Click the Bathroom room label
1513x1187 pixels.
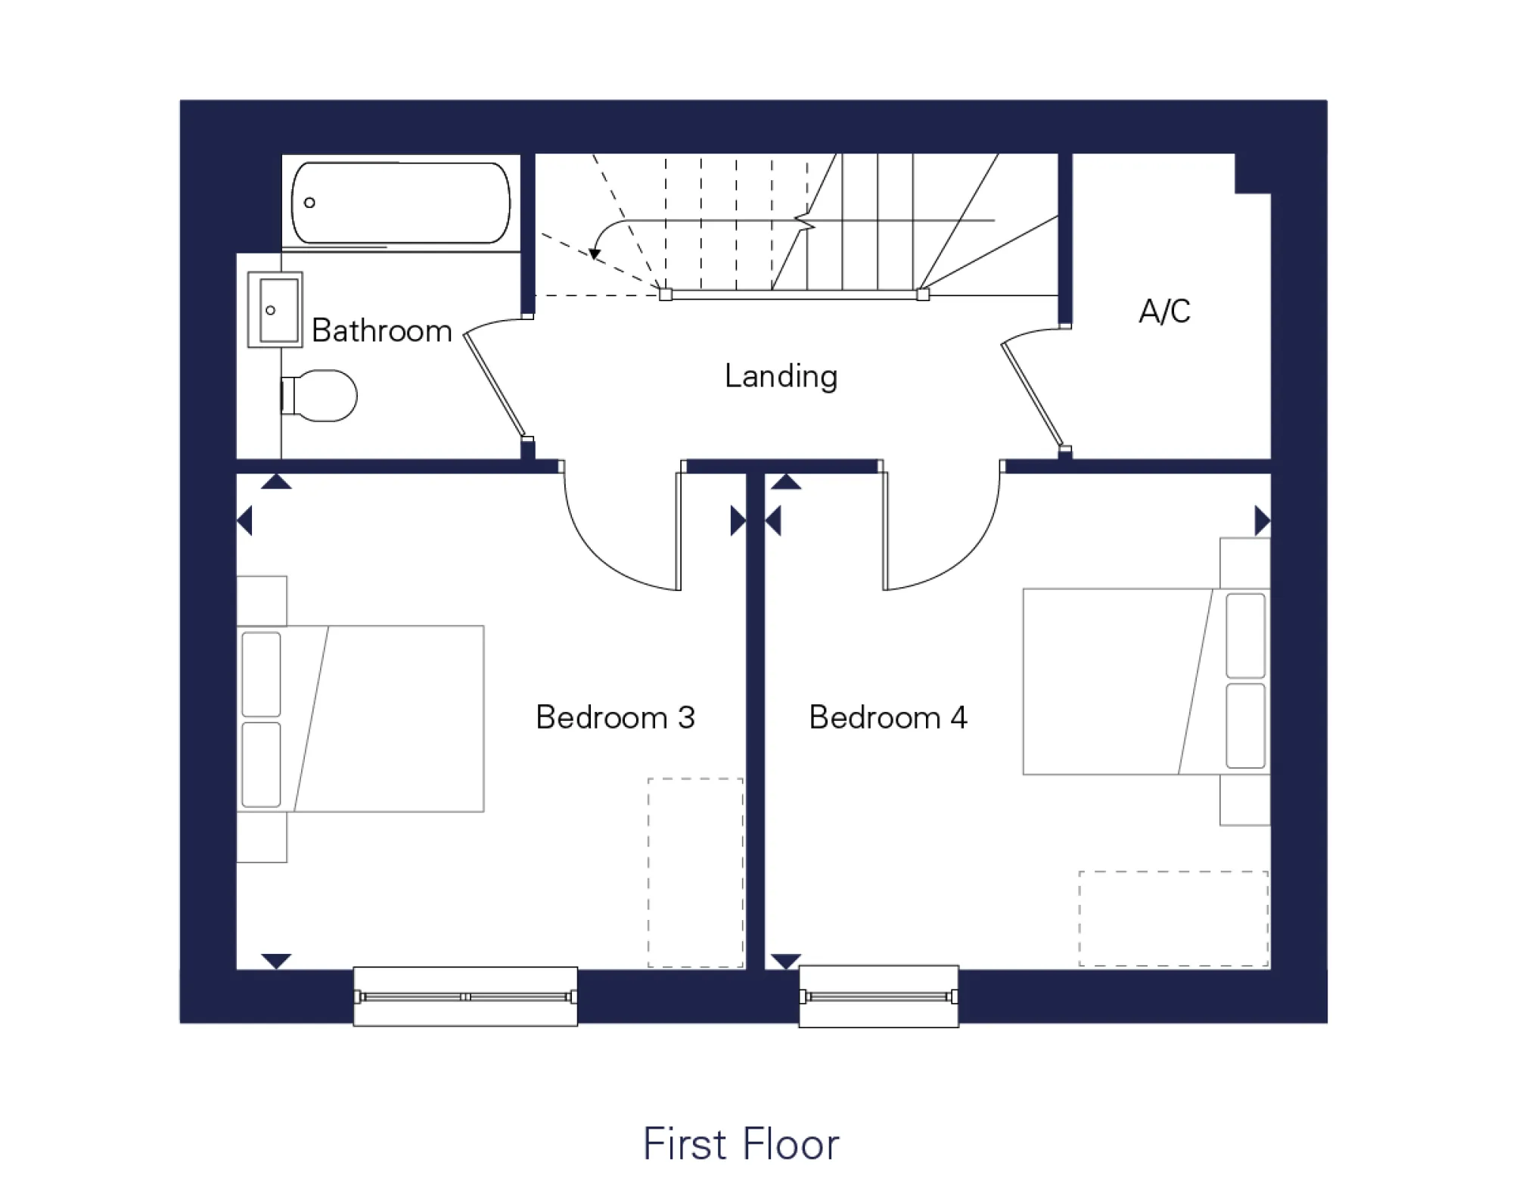[381, 331]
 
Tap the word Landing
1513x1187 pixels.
[781, 376]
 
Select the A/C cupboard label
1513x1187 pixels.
[1164, 311]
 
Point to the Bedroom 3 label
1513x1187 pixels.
[615, 717]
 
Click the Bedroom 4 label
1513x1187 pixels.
[888, 717]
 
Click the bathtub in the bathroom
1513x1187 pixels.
[401, 203]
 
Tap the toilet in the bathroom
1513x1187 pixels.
[321, 395]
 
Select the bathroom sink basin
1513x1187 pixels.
[277, 309]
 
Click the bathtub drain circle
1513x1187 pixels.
[309, 203]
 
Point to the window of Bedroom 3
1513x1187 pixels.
[465, 996]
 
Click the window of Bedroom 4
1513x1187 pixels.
[878, 996]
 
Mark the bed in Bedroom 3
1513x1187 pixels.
[362, 719]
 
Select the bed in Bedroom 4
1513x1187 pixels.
[1145, 681]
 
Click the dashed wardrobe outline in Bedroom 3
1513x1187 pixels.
[695, 872]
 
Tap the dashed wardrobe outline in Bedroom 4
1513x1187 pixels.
[1173, 918]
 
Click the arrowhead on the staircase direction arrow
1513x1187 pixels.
[595, 253]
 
